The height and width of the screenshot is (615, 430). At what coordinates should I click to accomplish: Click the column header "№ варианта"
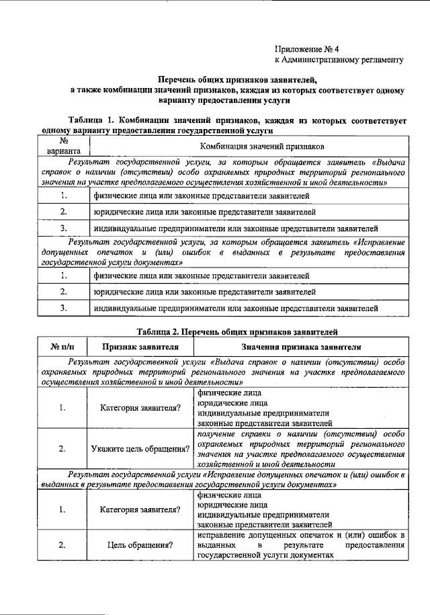(62, 146)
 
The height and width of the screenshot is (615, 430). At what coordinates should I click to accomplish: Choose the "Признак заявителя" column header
(140, 347)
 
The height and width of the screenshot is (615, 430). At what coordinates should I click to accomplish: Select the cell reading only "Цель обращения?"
(140, 546)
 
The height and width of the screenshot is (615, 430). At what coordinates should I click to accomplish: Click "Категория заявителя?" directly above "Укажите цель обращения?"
(140, 408)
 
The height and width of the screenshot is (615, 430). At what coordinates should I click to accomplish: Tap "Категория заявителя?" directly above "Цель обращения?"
(140, 509)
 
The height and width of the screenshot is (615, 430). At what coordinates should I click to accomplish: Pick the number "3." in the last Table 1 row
(62, 308)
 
